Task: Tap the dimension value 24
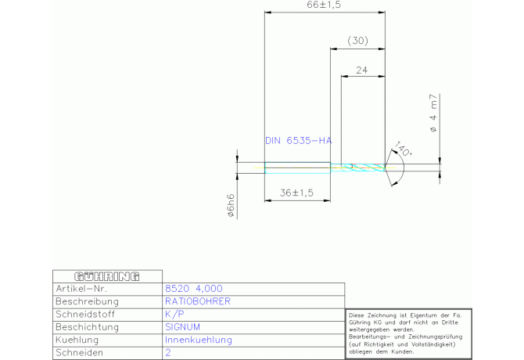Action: click(362, 70)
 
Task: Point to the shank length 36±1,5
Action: click(296, 193)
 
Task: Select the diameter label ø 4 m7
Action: click(432, 113)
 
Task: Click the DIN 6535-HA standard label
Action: click(298, 141)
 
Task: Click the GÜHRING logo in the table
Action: click(107, 276)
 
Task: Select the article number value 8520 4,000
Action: click(193, 289)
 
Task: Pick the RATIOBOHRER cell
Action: click(197, 301)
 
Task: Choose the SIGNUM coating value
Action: click(183, 327)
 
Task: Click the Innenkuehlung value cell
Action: click(199, 340)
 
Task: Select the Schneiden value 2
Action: click(167, 353)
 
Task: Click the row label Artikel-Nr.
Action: click(81, 289)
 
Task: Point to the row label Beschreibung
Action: click(87, 301)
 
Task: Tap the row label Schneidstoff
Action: click(86, 315)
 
